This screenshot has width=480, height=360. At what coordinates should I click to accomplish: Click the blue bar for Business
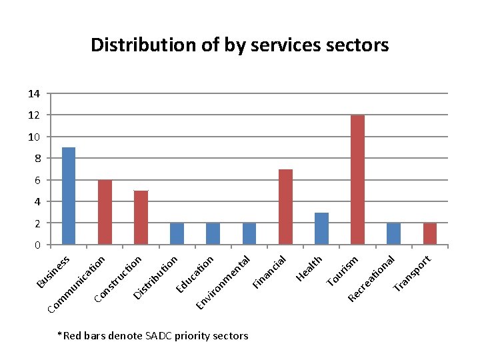68,195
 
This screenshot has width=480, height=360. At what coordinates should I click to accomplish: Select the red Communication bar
105,212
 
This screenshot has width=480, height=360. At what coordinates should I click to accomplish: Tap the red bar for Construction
141,217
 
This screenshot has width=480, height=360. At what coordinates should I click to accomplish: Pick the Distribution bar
177,233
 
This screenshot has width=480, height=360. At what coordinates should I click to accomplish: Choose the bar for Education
213,233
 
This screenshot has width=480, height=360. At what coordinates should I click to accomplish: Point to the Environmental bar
249,233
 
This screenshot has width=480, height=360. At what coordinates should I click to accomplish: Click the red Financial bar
285,207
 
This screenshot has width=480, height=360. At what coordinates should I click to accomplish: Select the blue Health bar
321,228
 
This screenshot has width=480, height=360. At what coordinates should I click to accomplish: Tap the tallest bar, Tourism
357,179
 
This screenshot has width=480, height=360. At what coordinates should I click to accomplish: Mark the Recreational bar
393,233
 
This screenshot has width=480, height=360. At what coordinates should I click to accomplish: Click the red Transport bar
429,233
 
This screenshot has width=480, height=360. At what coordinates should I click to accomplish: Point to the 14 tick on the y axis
34,94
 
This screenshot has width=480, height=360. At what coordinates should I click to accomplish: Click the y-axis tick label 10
34,137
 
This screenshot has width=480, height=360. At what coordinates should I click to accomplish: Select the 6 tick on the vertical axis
37,180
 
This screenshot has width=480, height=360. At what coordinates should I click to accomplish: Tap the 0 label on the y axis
37,245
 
